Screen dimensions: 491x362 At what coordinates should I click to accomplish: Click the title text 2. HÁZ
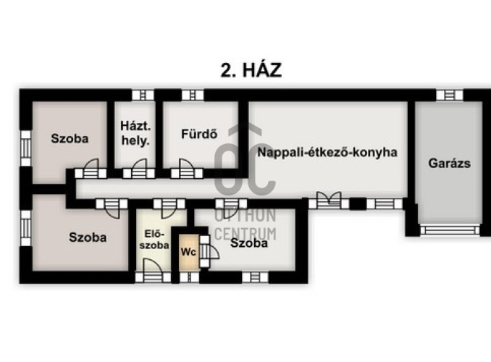coord(251,70)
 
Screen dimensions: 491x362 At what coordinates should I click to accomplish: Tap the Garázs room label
coord(449,163)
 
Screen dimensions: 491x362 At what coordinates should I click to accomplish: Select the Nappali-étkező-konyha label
coord(327,152)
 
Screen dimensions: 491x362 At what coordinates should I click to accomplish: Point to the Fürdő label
coord(199,134)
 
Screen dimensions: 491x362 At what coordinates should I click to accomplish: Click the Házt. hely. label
coord(135,134)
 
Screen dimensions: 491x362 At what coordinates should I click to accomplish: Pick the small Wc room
coord(189,251)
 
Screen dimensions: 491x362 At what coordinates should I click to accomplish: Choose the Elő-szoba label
coord(154,239)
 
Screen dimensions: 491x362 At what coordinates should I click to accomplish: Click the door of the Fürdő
coord(187,169)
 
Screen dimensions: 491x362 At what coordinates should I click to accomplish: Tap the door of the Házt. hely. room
coord(139,169)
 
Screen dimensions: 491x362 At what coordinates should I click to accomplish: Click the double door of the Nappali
coord(329,201)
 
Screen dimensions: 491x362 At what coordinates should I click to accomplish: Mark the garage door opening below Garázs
coord(450,230)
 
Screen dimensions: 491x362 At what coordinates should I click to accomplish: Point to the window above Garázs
coord(450,95)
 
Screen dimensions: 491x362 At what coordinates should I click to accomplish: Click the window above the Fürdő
coord(193,95)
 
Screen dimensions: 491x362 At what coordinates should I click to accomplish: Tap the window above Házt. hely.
coord(143,95)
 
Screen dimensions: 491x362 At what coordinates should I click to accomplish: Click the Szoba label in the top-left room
coord(70,138)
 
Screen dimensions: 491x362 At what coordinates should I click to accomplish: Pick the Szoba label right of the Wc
coord(249,243)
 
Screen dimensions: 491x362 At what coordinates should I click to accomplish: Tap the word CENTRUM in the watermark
coord(246,234)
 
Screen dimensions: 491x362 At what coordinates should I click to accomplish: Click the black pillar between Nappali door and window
coord(358,204)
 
